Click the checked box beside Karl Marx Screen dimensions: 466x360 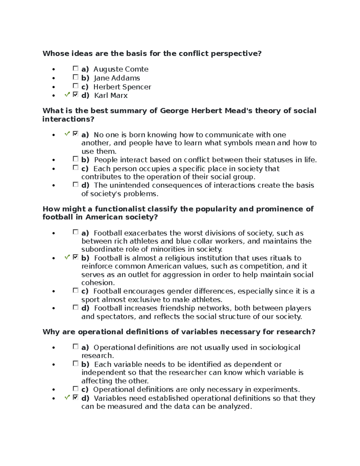(75, 95)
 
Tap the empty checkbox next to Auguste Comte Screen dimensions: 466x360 (75, 69)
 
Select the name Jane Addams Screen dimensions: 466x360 (117, 78)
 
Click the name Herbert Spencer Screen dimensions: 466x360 (122, 87)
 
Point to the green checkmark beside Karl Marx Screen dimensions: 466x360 (67, 95)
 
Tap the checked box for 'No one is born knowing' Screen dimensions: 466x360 (75, 134)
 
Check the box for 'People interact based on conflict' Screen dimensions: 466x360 (75, 159)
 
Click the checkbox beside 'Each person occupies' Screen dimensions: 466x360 (75, 168)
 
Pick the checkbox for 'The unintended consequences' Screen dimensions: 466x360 (75, 185)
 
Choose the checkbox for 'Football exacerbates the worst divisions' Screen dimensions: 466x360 (75, 232)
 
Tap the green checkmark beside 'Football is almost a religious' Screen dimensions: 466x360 (67, 257)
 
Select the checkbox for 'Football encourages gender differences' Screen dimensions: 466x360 (75, 290)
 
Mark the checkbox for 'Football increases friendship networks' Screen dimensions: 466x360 (75, 307)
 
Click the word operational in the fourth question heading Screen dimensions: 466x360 (100, 332)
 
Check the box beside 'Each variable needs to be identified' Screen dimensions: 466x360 (75, 364)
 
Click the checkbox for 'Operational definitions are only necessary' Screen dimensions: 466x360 (75, 389)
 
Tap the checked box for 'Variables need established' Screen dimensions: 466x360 (75, 398)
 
